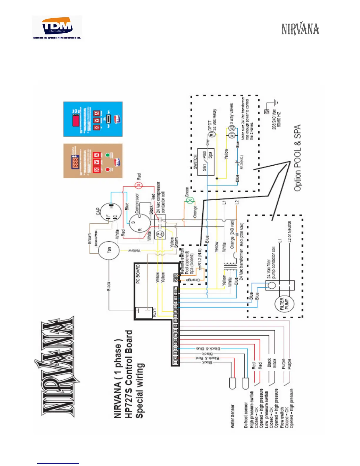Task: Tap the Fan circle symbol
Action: pos(109,251)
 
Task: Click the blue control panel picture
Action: pos(93,119)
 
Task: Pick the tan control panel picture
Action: pos(93,161)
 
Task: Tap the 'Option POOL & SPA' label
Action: pos(297,158)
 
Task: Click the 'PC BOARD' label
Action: pos(138,274)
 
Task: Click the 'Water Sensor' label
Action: pos(232,416)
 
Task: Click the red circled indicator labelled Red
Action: pos(139,185)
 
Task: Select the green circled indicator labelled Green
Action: pos(190,201)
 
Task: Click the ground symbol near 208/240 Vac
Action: pos(275,103)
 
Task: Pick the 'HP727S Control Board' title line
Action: pos(129,374)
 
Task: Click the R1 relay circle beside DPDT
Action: pos(211,134)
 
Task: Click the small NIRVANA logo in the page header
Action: pos(300,29)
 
